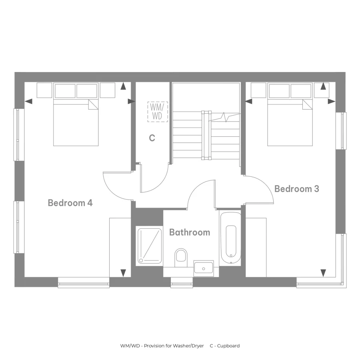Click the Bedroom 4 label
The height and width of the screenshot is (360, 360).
click(x=70, y=203)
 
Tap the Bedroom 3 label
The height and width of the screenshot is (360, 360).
click(x=297, y=189)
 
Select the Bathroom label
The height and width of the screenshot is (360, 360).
click(x=190, y=232)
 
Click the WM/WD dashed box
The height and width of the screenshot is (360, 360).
click(x=158, y=112)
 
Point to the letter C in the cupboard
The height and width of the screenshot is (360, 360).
click(x=152, y=138)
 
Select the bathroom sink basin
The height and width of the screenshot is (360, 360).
click(x=204, y=268)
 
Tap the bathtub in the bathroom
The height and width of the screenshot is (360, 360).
click(x=231, y=238)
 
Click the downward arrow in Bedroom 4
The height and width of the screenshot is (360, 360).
click(x=123, y=273)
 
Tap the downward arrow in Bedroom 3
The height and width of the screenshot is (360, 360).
click(x=323, y=273)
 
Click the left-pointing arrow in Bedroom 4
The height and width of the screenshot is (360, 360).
click(x=28, y=101)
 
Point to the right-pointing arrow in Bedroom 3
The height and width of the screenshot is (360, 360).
click(x=331, y=101)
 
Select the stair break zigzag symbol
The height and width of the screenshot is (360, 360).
click(x=224, y=117)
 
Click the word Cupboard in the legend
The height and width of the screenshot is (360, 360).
click(x=228, y=346)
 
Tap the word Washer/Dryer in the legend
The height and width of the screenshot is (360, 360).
click(x=188, y=346)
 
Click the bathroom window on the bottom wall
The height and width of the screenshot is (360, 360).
click(x=182, y=283)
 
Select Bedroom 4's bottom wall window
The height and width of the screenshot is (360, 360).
click(x=84, y=283)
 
